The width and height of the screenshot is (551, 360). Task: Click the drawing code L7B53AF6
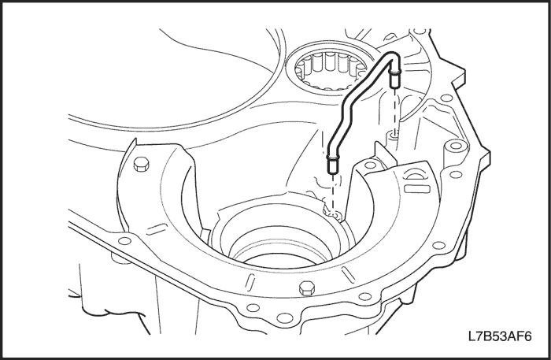coord(500,336)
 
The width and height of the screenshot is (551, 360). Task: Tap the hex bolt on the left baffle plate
coord(141,164)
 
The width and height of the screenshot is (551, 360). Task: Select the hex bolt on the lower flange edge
coord(306,288)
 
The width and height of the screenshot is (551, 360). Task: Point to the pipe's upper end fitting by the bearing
coord(394,79)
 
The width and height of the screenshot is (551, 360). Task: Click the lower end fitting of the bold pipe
coord(332,164)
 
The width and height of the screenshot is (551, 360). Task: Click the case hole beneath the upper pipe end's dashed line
coord(394,134)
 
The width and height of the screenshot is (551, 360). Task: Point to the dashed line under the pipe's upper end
coord(395,109)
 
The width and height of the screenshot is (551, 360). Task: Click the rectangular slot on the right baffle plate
coord(416,189)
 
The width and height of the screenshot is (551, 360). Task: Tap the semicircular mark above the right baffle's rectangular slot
coord(413,175)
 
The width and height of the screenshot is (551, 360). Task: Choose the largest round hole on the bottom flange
coord(284,318)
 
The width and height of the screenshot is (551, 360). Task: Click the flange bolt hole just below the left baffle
coord(124,241)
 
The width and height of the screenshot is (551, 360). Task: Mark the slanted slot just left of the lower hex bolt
coord(250,281)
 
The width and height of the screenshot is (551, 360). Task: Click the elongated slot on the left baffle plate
coord(157,229)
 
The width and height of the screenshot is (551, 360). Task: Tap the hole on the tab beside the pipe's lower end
coord(370,165)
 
